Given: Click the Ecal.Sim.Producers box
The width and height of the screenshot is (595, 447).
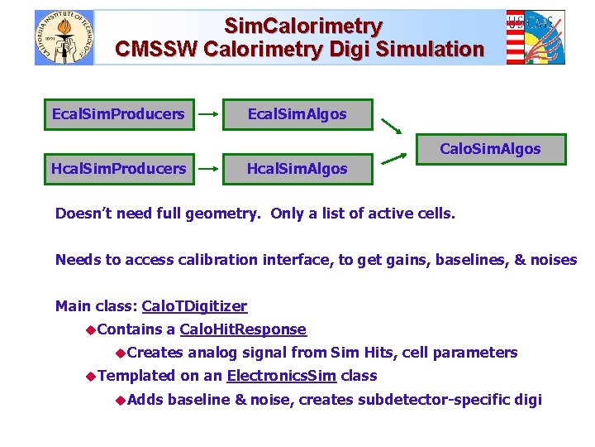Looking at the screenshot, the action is click(x=118, y=114).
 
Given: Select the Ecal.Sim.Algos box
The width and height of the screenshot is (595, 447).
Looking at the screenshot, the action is click(x=297, y=114).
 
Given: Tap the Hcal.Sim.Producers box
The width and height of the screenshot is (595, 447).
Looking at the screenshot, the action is click(x=118, y=169).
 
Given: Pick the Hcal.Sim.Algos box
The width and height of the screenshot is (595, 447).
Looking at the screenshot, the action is click(x=297, y=169).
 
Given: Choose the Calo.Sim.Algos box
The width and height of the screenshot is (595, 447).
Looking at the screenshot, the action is click(x=490, y=149).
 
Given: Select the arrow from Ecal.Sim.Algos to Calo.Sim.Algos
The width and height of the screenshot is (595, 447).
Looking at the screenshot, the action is click(x=392, y=127).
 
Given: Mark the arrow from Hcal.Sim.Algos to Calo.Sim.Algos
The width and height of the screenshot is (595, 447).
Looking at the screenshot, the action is click(x=392, y=163).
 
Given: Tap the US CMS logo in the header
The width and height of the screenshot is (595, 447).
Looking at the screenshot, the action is click(x=535, y=37).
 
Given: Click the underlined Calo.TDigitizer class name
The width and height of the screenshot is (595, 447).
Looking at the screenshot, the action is click(x=194, y=306).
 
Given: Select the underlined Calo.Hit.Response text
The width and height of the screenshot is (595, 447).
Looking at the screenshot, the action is click(x=243, y=329).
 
